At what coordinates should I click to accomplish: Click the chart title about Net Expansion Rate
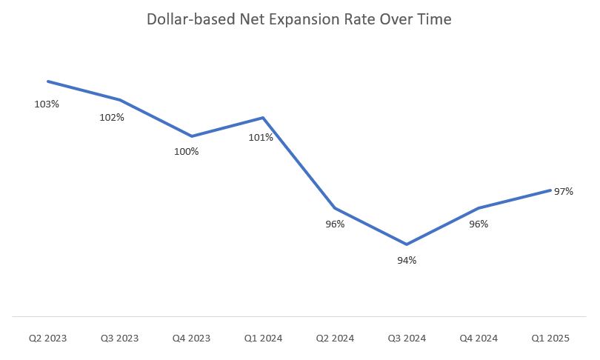(299, 20)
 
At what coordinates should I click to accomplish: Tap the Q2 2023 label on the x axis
(47, 339)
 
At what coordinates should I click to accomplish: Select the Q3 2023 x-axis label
(119, 339)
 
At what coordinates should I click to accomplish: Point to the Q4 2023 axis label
(191, 339)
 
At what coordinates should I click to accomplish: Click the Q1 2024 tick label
(263, 339)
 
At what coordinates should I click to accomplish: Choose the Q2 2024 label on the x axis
(335, 339)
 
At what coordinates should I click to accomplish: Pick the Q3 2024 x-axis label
(407, 339)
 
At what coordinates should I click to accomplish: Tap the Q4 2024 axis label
(479, 339)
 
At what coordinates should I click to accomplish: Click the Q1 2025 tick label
(550, 339)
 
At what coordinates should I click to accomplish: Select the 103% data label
(47, 104)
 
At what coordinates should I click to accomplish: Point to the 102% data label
(112, 117)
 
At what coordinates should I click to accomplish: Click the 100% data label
(186, 151)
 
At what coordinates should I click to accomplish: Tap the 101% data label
(261, 137)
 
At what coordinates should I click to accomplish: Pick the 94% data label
(407, 260)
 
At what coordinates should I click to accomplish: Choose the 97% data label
(564, 191)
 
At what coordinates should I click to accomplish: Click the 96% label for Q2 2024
(335, 224)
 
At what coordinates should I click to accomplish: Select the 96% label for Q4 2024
(479, 224)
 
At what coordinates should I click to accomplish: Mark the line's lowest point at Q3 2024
(407, 244)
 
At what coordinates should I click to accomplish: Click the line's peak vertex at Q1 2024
(263, 118)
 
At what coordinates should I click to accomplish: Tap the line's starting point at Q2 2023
(47, 81)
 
